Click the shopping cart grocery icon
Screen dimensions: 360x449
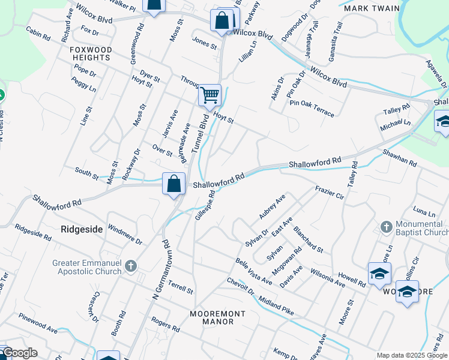[x=209, y=95]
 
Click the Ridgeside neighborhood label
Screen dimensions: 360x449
[x=82, y=229]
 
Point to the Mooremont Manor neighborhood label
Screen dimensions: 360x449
[x=217, y=317]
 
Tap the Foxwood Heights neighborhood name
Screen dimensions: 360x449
[x=90, y=53]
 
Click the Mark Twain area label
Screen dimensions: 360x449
[x=364, y=9]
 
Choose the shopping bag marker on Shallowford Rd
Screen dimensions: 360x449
[x=173, y=184]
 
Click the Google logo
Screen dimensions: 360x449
[x=19, y=353]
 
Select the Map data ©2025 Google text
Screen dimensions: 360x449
[x=411, y=355]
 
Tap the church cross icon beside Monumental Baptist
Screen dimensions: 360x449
[x=386, y=227]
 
